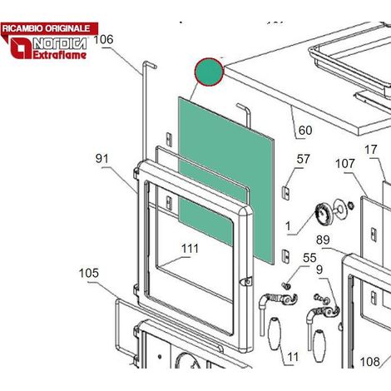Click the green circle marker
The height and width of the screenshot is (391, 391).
pyautogui.click(x=209, y=72)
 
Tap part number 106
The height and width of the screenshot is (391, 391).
pyautogui.click(x=103, y=40)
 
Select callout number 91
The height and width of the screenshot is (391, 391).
pyautogui.click(x=102, y=159)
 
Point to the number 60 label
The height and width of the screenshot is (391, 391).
pyautogui.click(x=305, y=131)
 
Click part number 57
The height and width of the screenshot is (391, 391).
pyautogui.click(x=303, y=159)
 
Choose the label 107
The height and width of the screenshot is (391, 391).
pyautogui.click(x=345, y=164)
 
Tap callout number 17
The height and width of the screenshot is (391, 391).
pyautogui.click(x=371, y=150)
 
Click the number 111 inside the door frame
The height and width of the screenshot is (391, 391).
pyautogui.click(x=190, y=249)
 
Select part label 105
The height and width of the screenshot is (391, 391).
pyautogui.click(x=89, y=273)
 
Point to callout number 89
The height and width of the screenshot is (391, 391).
pyautogui.click(x=323, y=240)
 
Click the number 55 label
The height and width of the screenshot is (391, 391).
pyautogui.click(x=309, y=258)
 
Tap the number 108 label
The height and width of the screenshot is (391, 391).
pyautogui.click(x=370, y=362)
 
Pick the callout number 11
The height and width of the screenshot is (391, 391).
pyautogui.click(x=293, y=357)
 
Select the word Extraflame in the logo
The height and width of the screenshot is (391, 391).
pyautogui.click(x=60, y=55)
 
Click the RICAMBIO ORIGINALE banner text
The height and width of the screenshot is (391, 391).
pyautogui.click(x=47, y=28)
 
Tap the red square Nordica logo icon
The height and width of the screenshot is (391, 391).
pyautogui.click(x=21, y=48)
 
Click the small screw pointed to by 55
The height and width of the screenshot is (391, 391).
pyautogui.click(x=286, y=285)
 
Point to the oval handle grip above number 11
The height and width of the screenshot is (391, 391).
pyautogui.click(x=275, y=333)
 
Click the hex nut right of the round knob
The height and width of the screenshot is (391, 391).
pyautogui.click(x=351, y=205)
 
